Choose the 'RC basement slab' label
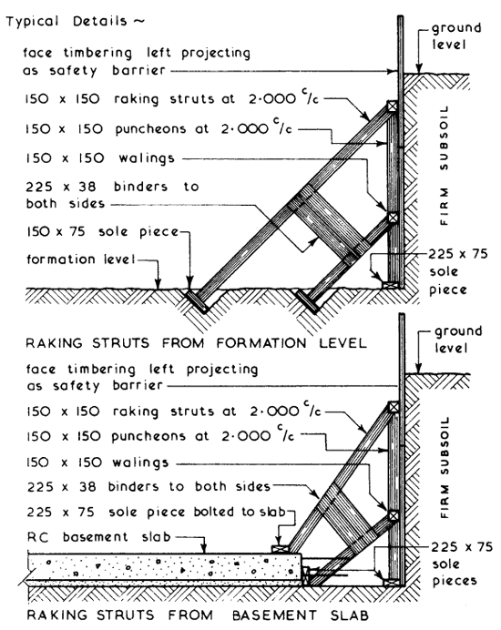[80, 535]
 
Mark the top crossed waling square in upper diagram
[392, 107]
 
